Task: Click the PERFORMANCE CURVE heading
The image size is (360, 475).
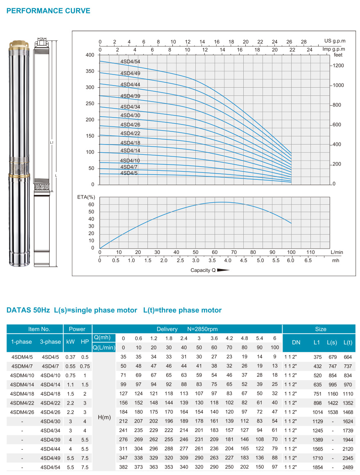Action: pyautogui.click(x=48, y=11)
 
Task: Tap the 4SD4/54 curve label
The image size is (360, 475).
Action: pyautogui.click(x=130, y=61)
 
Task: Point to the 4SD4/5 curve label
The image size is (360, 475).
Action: pyautogui.click(x=129, y=173)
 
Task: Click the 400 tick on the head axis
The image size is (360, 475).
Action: pyautogui.click(x=90, y=55)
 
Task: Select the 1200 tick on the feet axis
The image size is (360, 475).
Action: pyautogui.click(x=338, y=66)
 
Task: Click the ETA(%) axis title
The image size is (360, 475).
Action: pyautogui.click(x=86, y=197)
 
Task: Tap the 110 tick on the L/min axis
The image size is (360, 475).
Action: pyautogui.click(x=310, y=252)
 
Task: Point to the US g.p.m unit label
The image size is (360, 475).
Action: pyautogui.click(x=335, y=41)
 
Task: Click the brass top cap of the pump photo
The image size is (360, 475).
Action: pyautogui.click(x=19, y=45)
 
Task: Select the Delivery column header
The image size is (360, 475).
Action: pyautogui.click(x=167, y=329)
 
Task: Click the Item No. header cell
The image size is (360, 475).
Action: pyautogui.click(x=39, y=329)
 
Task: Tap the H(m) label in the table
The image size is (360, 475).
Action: pyautogui.click(x=104, y=417)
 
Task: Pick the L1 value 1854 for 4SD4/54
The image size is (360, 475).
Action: pyautogui.click(x=317, y=467)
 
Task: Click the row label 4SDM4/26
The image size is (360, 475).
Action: pyautogui.click(x=22, y=412)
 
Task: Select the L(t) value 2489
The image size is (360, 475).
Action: pyautogui.click(x=348, y=467)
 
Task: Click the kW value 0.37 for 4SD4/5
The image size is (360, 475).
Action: pyautogui.click(x=70, y=357)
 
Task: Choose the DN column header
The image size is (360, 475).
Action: pyautogui.click(x=296, y=342)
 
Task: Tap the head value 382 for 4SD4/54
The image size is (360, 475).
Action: pyautogui.click(x=123, y=467)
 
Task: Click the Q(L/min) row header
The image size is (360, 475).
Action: pyautogui.click(x=104, y=348)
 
